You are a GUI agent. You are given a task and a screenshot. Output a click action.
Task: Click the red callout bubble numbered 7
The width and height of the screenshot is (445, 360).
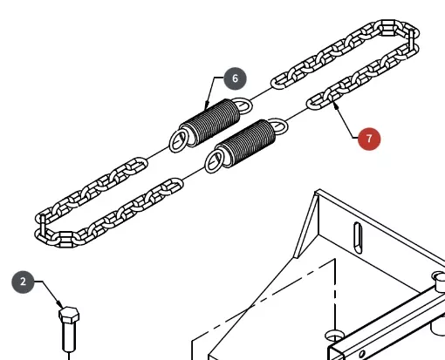(x=369, y=139)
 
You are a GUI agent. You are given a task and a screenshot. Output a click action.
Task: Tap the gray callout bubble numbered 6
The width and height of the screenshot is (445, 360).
(x=236, y=78)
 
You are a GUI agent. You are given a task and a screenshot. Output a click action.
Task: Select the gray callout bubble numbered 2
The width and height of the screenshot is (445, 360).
(x=23, y=282)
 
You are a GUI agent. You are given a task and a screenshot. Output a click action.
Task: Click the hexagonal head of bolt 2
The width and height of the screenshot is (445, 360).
(x=69, y=315)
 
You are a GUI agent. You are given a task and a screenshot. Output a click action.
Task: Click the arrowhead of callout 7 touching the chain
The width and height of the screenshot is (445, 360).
(x=336, y=105)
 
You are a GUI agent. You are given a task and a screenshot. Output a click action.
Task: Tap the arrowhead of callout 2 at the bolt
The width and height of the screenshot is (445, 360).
(x=60, y=304)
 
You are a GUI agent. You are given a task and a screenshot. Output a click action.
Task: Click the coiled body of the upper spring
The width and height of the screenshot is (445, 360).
(x=210, y=121)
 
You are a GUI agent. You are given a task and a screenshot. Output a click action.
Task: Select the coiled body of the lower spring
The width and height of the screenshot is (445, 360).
(x=246, y=142)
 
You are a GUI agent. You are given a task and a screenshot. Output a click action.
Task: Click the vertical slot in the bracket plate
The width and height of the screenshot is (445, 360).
(x=358, y=238)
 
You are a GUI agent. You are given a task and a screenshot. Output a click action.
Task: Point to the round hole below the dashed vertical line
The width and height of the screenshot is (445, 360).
(x=334, y=336)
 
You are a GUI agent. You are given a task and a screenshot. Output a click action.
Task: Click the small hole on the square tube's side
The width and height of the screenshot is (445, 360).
(x=362, y=354)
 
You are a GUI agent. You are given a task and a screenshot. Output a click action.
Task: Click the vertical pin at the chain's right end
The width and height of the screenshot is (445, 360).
(x=411, y=40)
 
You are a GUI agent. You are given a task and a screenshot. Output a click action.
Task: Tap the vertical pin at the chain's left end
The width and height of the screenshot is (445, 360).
(x=43, y=225)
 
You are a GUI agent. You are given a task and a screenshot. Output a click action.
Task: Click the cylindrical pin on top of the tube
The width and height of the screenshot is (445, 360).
(x=439, y=281)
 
